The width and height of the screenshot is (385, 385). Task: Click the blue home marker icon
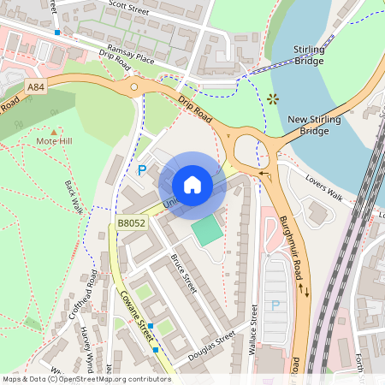click(x=192, y=184)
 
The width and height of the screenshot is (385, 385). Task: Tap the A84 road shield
click(x=36, y=86)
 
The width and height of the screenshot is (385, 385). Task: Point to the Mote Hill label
click(x=55, y=139)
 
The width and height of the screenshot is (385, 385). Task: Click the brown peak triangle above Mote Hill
click(x=54, y=129)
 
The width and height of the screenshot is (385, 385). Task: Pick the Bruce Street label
click(x=184, y=273)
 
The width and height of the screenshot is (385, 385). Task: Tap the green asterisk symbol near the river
click(x=273, y=98)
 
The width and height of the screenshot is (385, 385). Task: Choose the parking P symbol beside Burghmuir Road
click(x=275, y=305)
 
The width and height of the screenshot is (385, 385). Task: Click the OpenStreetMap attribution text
click(x=86, y=378)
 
